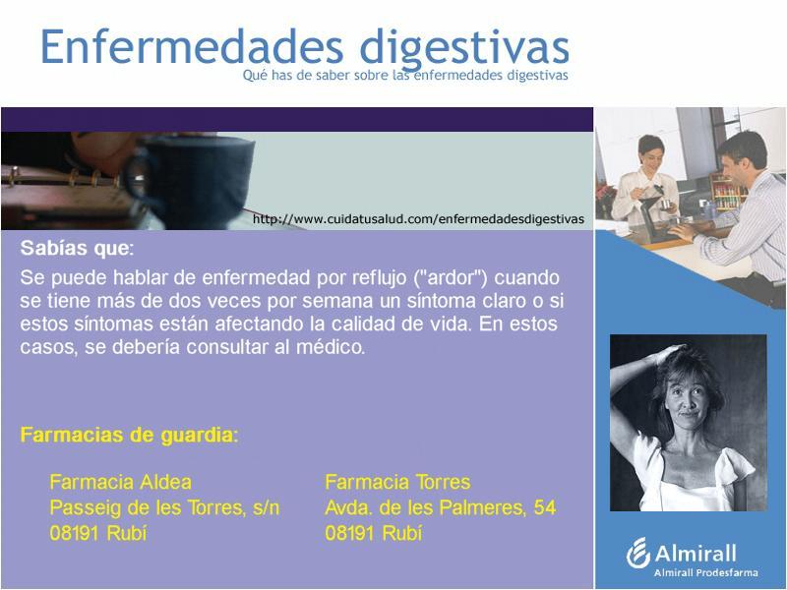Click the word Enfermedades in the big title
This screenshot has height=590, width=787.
192,46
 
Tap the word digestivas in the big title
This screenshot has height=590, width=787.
464,48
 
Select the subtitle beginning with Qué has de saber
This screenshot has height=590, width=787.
405,76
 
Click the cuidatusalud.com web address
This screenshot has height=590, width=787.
418,219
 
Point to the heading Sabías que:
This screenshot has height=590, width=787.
78,248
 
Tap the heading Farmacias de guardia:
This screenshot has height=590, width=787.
129,435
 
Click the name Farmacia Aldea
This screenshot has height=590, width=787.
120,482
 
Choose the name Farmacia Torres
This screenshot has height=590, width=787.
397,482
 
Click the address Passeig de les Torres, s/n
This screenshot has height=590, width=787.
164,507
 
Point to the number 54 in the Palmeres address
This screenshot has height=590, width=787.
545,507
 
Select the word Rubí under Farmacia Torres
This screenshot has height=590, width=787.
401,533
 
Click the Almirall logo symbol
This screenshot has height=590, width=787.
637,554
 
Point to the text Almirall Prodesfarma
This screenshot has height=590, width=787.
705,572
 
